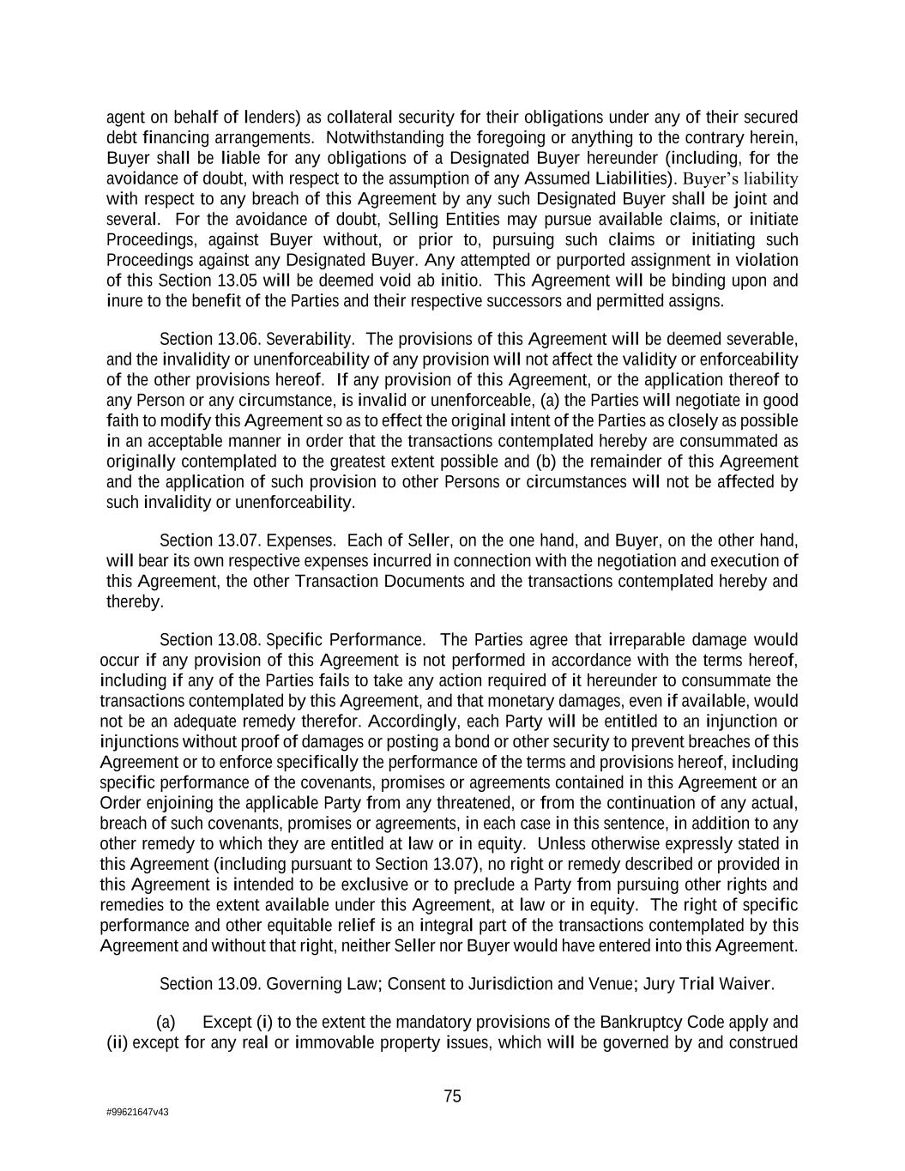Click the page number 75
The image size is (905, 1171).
[x=453, y=1096]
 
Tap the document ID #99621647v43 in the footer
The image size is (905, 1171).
[x=137, y=1112]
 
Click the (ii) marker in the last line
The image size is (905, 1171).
[x=117, y=1043]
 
